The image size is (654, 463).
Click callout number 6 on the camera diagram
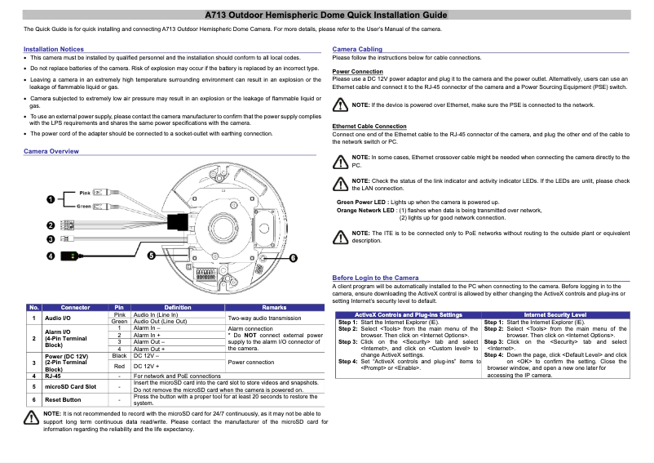point(293,258)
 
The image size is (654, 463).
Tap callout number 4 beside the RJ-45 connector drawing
point(51,256)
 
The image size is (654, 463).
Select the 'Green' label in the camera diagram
point(84,206)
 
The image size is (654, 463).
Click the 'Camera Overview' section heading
point(51,152)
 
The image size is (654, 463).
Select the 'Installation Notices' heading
point(54,50)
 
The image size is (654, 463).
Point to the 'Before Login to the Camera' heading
point(375,278)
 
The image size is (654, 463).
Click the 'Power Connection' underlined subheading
point(358,71)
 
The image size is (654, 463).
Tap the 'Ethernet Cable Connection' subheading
point(369,127)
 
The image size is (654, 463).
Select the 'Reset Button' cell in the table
point(63,400)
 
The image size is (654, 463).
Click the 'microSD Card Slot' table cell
point(70,386)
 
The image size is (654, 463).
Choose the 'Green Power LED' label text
point(362,202)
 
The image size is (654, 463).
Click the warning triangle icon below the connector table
point(32,417)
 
